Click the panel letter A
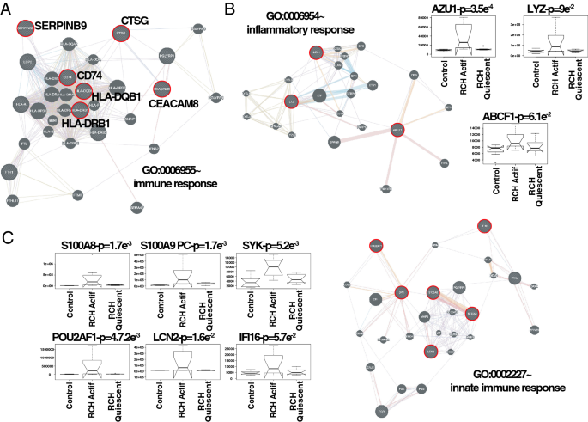[7, 9]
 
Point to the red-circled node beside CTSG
[120, 34]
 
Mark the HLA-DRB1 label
[109, 123]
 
